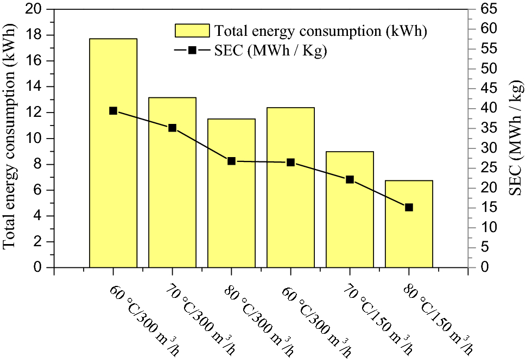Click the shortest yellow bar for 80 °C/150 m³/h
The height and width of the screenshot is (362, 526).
click(x=409, y=239)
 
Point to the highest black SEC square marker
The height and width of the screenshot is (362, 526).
click(x=113, y=111)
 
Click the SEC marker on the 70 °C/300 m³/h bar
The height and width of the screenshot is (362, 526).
click(x=172, y=128)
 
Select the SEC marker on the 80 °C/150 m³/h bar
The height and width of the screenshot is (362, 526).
click(x=409, y=207)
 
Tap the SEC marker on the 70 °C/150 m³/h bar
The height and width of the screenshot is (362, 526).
click(x=350, y=179)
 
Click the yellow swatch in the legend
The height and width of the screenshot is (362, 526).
click(x=192, y=30)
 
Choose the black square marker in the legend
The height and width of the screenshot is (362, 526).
click(x=192, y=51)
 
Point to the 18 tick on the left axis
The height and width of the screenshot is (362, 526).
click(x=41, y=35)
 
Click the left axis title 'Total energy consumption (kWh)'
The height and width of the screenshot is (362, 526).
click(x=10, y=138)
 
